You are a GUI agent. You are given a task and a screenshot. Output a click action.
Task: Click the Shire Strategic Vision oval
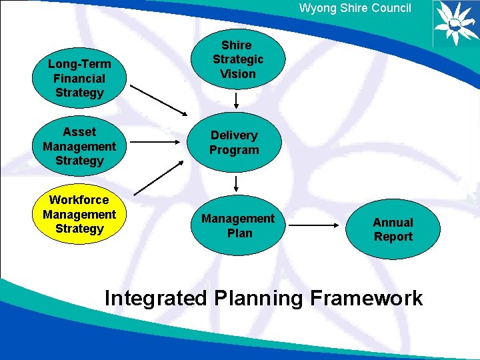pos(237,59)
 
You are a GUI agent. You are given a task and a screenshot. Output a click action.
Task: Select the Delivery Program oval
pos(234,143)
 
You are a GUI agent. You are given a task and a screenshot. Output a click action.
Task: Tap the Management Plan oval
pos(238,225)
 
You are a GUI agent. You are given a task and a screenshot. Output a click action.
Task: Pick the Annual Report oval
pos(393,229)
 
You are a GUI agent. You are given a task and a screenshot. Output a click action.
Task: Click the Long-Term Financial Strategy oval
pos(79,78)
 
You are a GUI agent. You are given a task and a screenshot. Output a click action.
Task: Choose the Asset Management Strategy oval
pos(79,146)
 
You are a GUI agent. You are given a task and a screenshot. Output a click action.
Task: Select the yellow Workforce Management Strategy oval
pos(79,214)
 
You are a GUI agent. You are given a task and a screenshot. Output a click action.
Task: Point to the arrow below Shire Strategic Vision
pos(237,101)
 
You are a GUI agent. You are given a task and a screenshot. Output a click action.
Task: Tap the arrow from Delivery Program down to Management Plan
pos(237,184)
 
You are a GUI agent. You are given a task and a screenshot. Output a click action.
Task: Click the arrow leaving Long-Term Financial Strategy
pos(159,99)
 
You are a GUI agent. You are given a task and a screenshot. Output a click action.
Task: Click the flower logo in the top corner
pos(455,23)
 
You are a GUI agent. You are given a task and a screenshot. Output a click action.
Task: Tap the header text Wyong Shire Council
pos(355,8)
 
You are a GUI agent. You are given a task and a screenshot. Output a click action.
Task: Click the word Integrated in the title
pos(156,298)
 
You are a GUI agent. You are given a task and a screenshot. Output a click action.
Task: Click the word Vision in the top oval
pos(237,74)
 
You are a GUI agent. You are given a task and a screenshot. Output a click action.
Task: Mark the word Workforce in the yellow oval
pos(79,200)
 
